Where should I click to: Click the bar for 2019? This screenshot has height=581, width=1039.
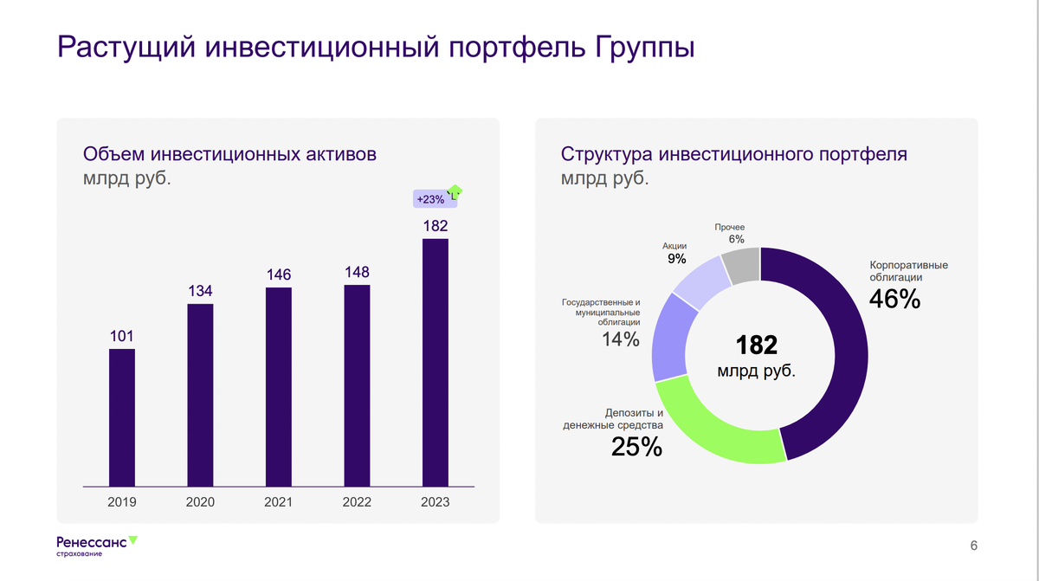(122, 416)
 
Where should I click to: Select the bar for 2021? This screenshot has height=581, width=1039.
(279, 386)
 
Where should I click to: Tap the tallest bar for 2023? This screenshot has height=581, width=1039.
(436, 362)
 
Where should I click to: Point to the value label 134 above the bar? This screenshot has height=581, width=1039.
(200, 291)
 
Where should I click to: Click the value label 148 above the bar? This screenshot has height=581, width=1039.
(357, 272)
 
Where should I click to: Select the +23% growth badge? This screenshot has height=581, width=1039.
(430, 199)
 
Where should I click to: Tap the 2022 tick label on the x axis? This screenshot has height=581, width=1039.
(357, 502)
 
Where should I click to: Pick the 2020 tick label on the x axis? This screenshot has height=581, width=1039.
(200, 502)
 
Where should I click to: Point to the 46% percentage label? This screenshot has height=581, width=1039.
(894, 299)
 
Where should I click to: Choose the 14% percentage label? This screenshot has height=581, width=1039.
(621, 339)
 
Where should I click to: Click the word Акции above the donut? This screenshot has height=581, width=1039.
(675, 246)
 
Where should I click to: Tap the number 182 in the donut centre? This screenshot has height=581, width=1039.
(756, 345)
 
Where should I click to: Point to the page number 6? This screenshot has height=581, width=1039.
(974, 545)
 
